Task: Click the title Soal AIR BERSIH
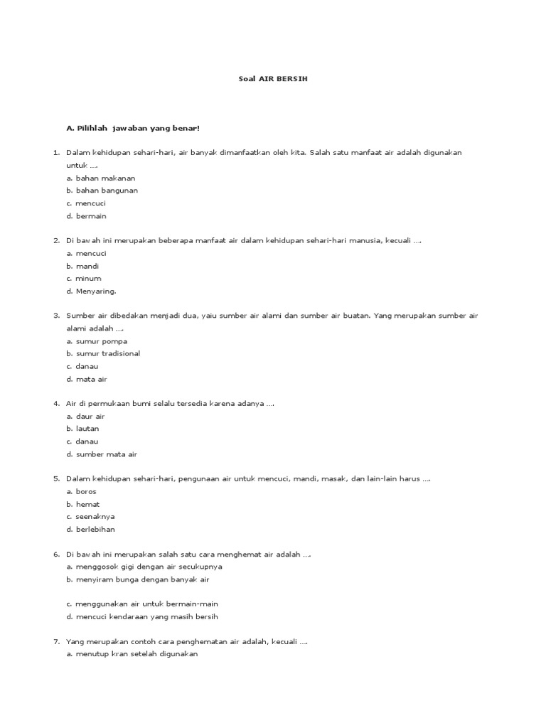coord(273,79)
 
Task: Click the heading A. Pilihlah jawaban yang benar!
coord(133,128)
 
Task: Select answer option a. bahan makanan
coord(101,178)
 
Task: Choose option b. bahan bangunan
coord(102,191)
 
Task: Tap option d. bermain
coord(86,216)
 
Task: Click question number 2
coord(56,241)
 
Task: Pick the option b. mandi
coord(82,266)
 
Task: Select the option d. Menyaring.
coord(91,291)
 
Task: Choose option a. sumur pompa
coord(97,341)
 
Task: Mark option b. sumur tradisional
coord(103,353)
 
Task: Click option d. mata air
coord(87,379)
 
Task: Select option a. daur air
coord(85,416)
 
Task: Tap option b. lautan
coord(82,429)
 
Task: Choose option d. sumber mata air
coord(102,454)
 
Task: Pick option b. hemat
coord(83,504)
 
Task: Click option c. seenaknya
coord(91,517)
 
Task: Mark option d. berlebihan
coord(90,530)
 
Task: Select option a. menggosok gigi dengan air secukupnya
coord(144,567)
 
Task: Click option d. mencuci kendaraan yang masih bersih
coord(142,616)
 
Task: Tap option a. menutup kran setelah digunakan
coord(132,654)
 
